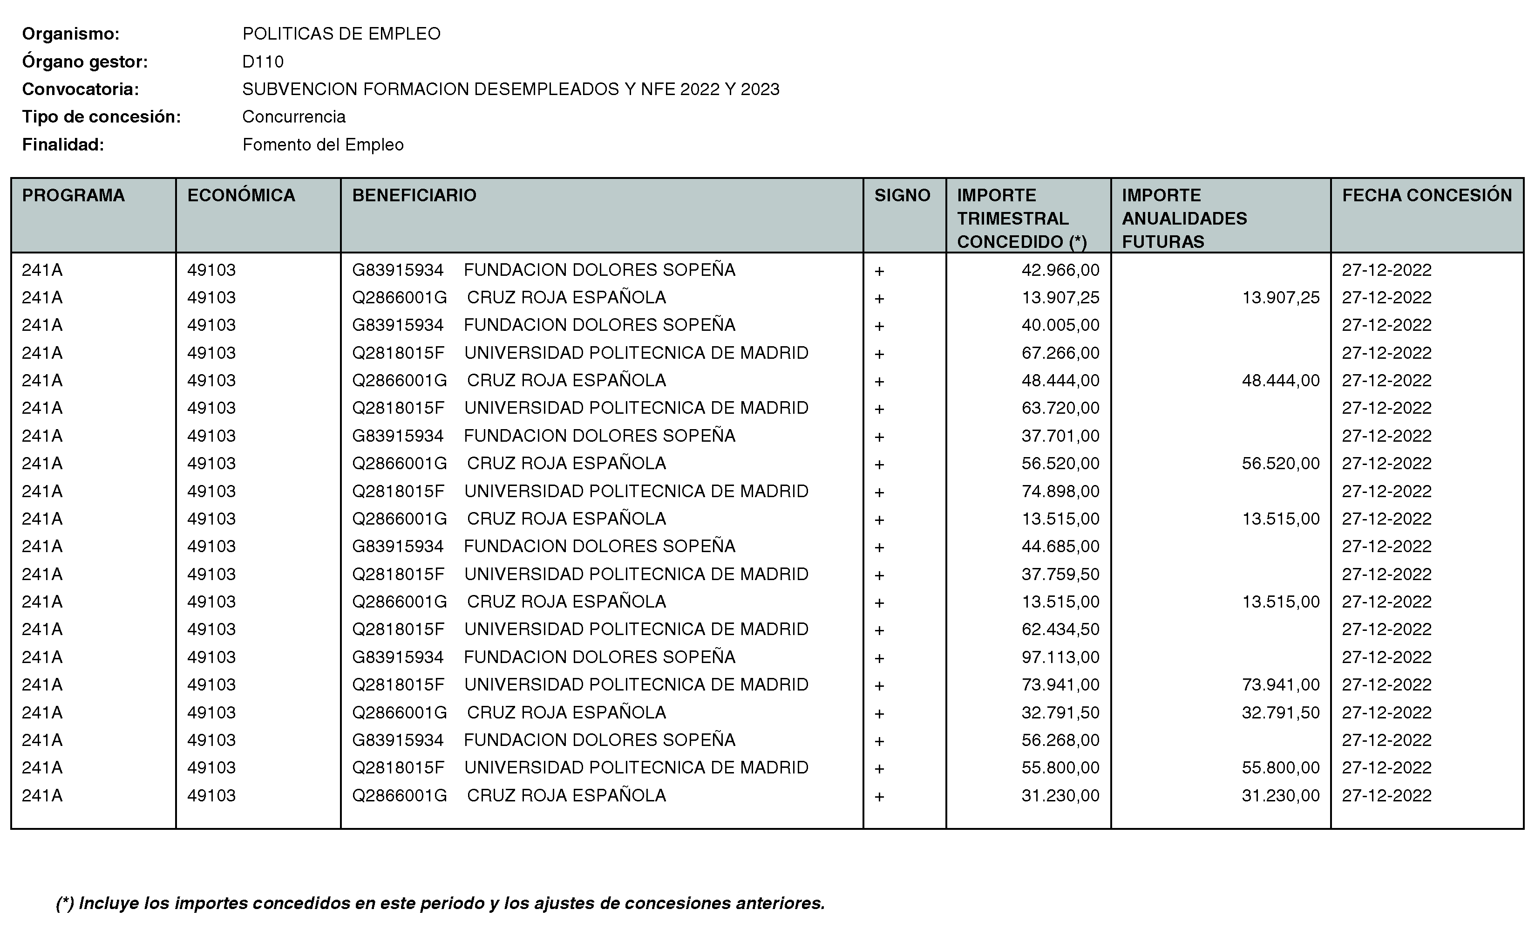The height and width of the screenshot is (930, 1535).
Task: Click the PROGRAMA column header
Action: coord(73,196)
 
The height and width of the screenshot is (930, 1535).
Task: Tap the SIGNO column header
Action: coord(902,196)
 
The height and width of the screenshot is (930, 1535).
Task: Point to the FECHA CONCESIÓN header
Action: coord(1426,196)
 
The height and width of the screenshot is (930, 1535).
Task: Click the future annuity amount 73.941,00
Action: coord(1280,685)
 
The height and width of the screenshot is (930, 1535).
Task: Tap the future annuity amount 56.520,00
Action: coord(1280,464)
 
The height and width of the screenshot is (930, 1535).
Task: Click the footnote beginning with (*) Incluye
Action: coord(440,903)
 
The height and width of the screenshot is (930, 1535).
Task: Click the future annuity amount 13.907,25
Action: coord(1280,298)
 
